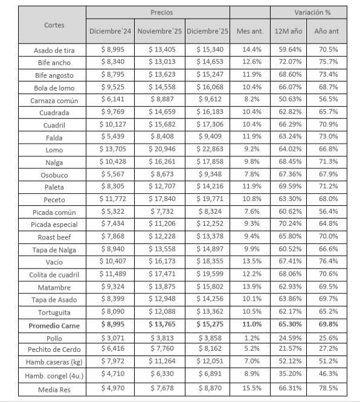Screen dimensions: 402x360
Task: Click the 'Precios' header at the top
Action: click(157, 12)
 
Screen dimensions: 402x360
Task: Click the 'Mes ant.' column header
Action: click(249, 31)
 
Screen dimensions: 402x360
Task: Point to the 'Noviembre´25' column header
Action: click(159, 31)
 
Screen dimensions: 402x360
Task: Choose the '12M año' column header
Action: click(288, 31)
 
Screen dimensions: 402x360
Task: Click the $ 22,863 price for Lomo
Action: click(208, 149)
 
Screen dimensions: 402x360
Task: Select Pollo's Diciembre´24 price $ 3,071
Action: click(111, 337)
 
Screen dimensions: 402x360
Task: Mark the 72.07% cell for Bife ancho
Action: click(288, 62)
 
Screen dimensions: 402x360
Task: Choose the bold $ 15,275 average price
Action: click(208, 325)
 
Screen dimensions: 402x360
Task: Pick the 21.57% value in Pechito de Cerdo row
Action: click(288, 349)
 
